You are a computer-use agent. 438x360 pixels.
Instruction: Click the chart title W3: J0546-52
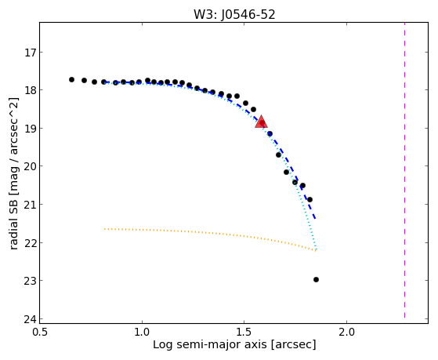(x=234, y=14)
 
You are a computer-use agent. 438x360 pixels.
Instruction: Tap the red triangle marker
(x=261, y=122)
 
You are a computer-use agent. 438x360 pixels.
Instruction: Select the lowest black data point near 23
(x=316, y=280)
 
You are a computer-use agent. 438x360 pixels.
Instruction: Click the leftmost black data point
(x=71, y=80)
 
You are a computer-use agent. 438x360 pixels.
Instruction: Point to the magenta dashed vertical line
(x=404, y=170)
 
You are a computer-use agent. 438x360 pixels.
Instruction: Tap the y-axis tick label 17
(x=31, y=53)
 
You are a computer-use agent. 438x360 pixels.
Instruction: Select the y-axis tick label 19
(x=31, y=129)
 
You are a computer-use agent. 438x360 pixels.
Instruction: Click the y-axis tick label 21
(x=31, y=205)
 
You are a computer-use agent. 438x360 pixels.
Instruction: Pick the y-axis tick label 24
(x=31, y=319)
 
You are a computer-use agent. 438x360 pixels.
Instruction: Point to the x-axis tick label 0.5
(x=40, y=333)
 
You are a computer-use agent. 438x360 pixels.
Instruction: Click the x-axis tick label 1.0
(x=142, y=333)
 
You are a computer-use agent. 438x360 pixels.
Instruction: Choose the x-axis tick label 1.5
(x=244, y=333)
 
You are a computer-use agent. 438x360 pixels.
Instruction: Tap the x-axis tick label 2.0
(x=346, y=333)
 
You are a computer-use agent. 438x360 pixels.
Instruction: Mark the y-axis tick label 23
(x=31, y=281)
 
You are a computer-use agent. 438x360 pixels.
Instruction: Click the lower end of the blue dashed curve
(x=315, y=219)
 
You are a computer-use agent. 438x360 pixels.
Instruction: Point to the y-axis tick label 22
(x=31, y=243)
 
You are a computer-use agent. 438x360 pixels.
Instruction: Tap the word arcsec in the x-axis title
(x=294, y=345)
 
